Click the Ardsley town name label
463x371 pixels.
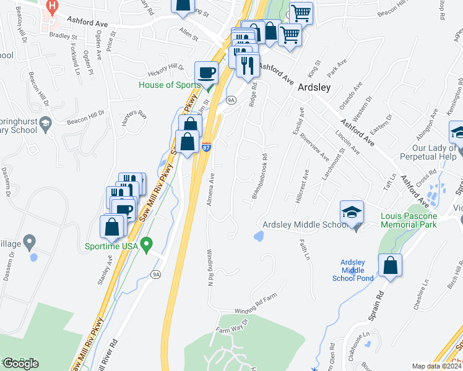[x=314, y=87]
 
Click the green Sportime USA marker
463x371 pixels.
[x=146, y=245]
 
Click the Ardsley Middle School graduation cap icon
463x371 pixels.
[x=351, y=213]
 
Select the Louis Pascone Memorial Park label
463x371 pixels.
[x=409, y=220]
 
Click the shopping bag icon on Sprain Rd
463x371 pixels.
[x=391, y=266]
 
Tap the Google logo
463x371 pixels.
[x=20, y=363]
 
